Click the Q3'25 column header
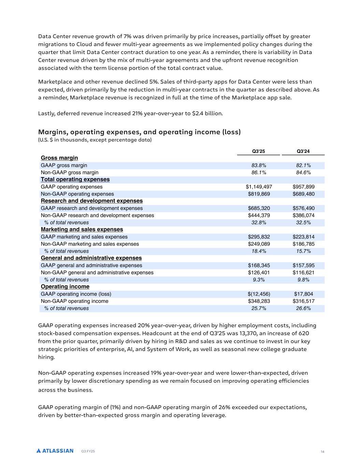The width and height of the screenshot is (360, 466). tap(258, 151)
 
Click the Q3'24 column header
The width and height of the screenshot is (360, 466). tap(303, 151)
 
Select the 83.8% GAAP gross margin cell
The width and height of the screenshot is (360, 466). tap(259, 166)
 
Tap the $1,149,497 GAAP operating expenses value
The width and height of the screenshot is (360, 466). tap(259, 187)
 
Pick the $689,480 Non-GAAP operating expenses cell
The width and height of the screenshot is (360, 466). tap(303, 194)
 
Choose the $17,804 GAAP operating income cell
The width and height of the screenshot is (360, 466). tap(303, 294)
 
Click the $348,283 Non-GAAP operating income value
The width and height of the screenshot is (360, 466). tap(259, 301)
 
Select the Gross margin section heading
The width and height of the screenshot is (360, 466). tap(59, 158)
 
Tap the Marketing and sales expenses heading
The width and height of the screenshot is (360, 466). tap(82, 229)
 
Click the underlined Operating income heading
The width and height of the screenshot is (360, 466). tap(65, 287)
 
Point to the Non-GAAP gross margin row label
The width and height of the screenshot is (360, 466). tap(70, 173)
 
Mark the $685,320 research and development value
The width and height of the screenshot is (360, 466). tap(259, 208)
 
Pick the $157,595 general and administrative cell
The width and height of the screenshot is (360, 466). tap(303, 265)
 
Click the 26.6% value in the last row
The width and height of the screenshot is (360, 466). tap(303, 308)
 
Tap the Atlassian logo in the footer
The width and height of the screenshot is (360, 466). tap(55, 451)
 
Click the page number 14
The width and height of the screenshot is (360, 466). tap(322, 452)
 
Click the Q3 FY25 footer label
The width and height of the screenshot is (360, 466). tap(88, 451)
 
